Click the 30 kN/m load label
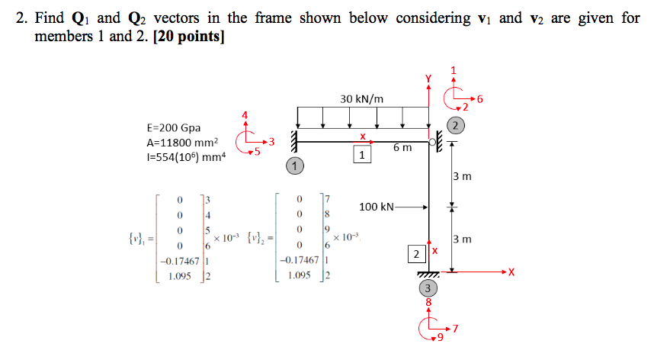click(x=362, y=98)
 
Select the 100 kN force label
click(x=377, y=207)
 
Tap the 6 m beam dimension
click(x=403, y=147)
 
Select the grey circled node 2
click(x=455, y=125)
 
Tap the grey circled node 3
click(x=428, y=288)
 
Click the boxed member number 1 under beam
click(x=363, y=156)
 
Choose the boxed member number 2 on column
click(x=416, y=253)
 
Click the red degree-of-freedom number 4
click(x=245, y=115)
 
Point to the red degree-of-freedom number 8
click(x=428, y=303)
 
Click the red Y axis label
click(x=428, y=77)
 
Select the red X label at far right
click(x=511, y=271)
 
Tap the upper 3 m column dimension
click(x=461, y=176)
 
